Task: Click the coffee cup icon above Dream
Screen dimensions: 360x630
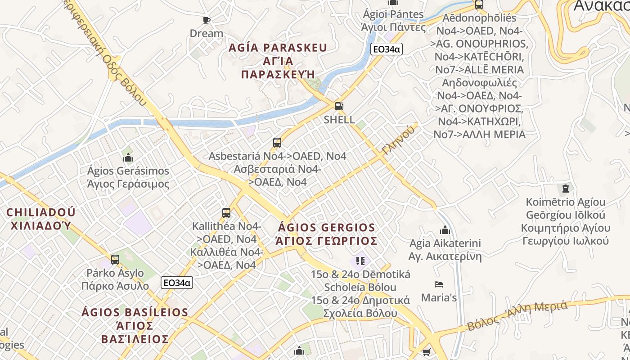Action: point(207,20)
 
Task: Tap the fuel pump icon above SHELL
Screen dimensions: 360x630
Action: point(339,106)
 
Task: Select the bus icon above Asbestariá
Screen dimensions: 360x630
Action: point(277,143)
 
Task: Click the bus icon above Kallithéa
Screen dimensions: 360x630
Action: point(226,212)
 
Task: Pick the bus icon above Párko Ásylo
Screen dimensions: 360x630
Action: point(115,260)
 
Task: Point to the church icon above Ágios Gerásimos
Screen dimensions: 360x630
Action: point(128,157)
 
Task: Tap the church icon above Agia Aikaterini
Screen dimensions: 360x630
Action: point(445,230)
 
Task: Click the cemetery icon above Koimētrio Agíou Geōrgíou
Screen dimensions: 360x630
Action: point(566,188)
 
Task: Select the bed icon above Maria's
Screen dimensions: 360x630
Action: point(439,284)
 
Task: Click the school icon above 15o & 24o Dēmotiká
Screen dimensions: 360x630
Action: point(360,261)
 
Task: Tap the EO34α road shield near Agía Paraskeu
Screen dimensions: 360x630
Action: point(386,49)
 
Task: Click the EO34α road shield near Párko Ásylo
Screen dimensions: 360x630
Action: point(177,283)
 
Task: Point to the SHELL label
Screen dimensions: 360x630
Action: point(339,120)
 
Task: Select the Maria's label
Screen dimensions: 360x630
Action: point(439,297)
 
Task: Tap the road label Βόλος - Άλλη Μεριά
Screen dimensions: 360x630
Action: point(517,316)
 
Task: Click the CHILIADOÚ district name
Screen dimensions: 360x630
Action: point(41,212)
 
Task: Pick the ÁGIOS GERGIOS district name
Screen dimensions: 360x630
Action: point(327,228)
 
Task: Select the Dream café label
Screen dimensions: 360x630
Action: point(206,33)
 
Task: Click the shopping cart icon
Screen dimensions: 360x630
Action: point(426,352)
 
